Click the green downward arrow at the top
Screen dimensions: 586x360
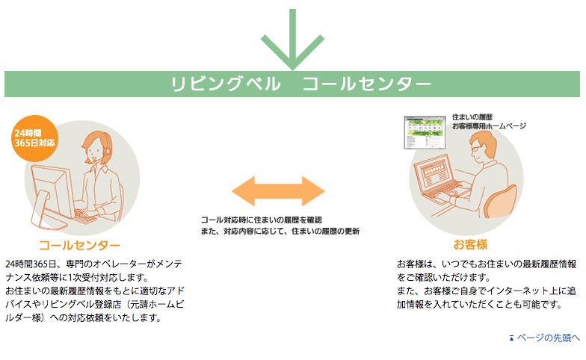[x=293, y=39]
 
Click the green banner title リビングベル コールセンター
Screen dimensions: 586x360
[x=300, y=84]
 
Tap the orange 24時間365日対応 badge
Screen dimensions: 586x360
[x=34, y=138]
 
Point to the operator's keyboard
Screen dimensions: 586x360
[x=86, y=217]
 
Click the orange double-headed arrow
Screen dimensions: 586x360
[x=278, y=191]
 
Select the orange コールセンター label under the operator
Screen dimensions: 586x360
[x=79, y=245]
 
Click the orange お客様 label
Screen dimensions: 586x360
[x=470, y=245]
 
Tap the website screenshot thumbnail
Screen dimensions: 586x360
[x=425, y=133]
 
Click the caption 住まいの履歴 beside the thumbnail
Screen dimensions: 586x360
[x=472, y=117]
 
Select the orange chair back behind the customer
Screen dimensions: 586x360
[x=501, y=201]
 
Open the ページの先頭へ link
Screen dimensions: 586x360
[x=549, y=338]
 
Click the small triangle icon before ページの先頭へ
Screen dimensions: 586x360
[x=511, y=338]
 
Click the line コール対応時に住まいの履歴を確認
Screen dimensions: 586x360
[x=262, y=220]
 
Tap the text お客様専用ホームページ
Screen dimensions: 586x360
[x=489, y=126]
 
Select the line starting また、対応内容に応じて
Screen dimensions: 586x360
[x=280, y=232]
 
